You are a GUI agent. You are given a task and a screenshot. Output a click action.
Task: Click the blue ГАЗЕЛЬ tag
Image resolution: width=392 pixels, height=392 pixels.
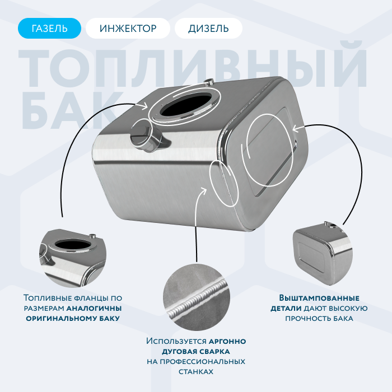(49, 28)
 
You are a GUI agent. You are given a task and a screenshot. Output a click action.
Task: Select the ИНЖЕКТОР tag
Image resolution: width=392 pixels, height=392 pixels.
(128, 28)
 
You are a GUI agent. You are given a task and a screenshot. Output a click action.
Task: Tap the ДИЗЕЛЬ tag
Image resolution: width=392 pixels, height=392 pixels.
(208, 28)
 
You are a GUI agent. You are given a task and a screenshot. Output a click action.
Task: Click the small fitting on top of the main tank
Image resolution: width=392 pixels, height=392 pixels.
(209, 82)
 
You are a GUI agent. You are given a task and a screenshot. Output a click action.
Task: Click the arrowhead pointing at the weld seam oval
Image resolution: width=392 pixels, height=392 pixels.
(203, 190)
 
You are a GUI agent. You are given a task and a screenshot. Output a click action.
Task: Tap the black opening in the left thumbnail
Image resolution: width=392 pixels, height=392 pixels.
(72, 244)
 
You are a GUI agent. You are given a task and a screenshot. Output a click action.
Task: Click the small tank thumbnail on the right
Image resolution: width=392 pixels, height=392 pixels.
(323, 253)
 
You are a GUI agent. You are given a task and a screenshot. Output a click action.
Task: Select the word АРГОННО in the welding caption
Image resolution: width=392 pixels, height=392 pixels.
(227, 341)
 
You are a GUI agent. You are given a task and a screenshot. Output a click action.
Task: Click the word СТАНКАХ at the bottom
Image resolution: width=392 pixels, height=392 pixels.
(196, 372)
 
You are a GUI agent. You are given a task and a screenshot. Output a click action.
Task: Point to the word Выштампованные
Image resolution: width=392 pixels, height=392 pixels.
(319, 298)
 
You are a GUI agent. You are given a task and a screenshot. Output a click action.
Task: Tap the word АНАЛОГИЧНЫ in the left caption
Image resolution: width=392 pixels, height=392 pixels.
(94, 308)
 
